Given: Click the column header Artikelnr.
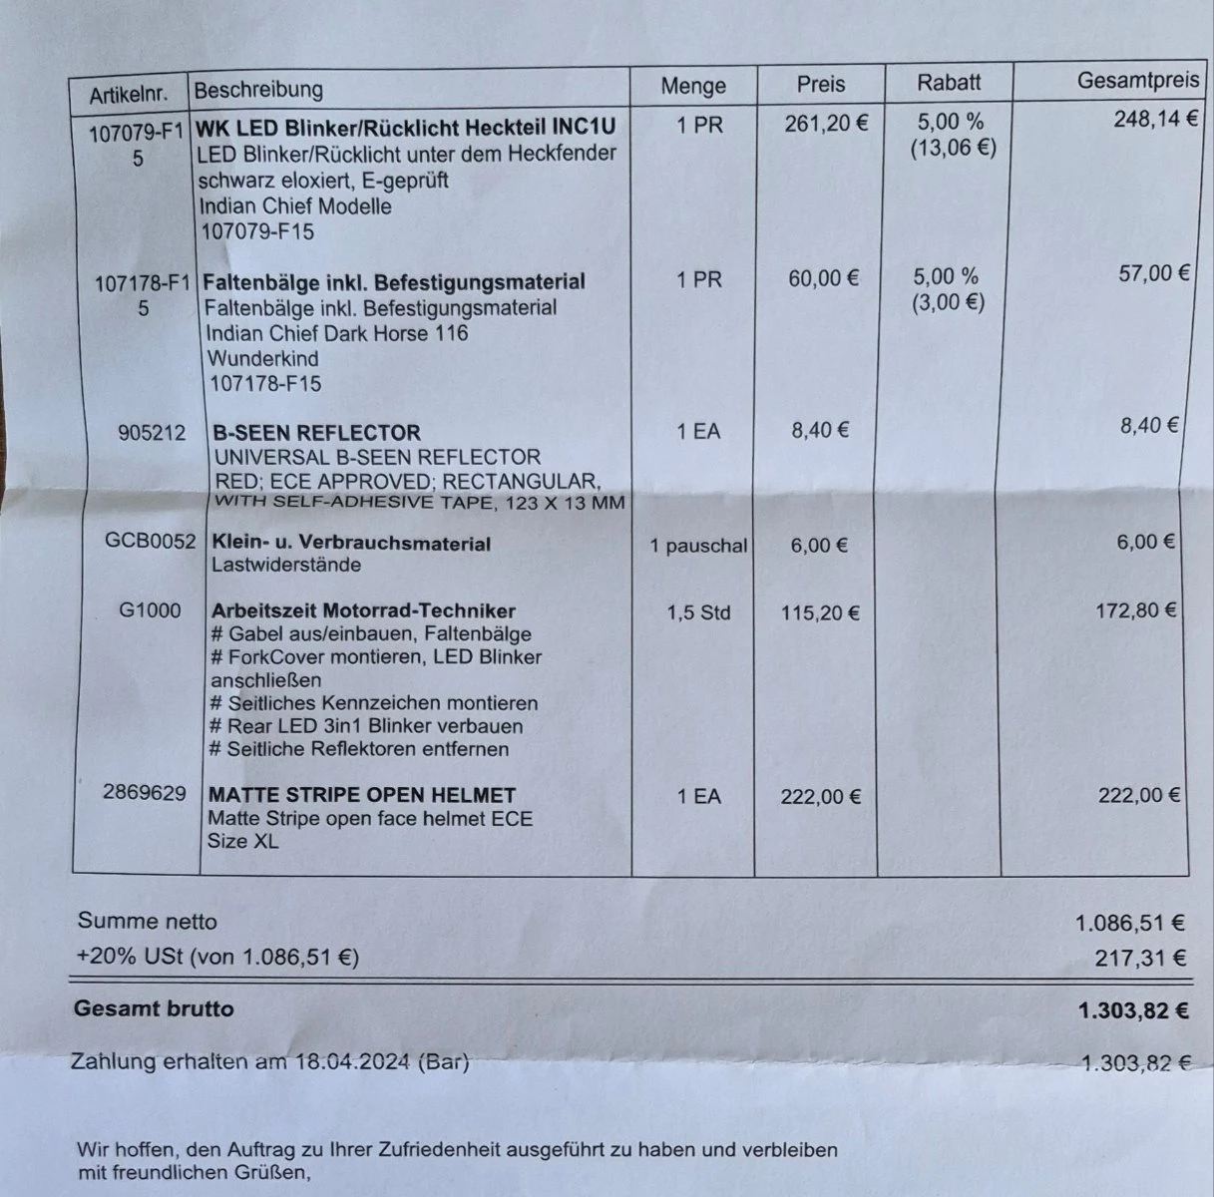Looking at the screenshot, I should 128,96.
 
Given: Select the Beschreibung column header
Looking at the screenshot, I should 258,90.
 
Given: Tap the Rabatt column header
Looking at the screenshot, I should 949,83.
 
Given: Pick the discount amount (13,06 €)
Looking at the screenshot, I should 953,149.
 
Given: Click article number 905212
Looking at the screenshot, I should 151,433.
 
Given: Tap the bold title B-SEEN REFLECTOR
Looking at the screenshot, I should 316,433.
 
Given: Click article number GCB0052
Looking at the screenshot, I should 151,542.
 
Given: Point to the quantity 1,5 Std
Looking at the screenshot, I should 698,612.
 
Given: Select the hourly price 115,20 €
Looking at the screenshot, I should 820,612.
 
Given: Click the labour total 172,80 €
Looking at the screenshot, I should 1137,608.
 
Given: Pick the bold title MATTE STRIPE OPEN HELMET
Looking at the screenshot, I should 362,795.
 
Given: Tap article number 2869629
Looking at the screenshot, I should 144,793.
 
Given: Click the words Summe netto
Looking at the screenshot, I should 147,922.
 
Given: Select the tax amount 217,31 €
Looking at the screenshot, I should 1140,959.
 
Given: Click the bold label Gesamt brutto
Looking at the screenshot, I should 154,1008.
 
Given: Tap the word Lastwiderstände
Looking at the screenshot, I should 286,565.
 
